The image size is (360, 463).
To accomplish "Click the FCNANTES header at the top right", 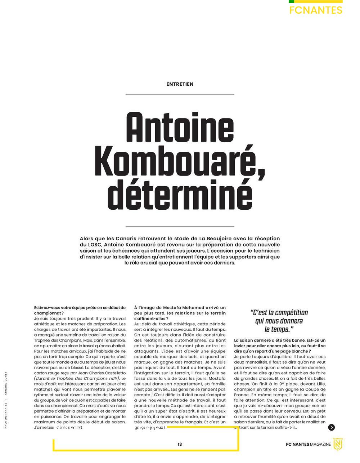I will coord(316,10).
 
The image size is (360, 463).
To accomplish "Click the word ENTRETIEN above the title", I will coord(180,84).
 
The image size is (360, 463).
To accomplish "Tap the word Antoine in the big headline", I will coord(180,129).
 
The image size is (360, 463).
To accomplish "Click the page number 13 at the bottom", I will coord(180,444).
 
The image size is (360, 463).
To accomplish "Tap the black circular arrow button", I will coord(332,427).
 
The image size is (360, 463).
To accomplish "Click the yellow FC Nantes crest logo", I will coord(338,444).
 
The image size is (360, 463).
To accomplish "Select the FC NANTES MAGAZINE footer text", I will coord(308,444).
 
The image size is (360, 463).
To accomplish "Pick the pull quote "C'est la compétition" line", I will coord(279,313).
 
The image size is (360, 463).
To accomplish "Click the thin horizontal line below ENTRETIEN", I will coord(180,94).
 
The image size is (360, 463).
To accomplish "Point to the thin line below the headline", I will coord(180,226).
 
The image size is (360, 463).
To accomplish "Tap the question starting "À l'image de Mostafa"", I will coord(180,310).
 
